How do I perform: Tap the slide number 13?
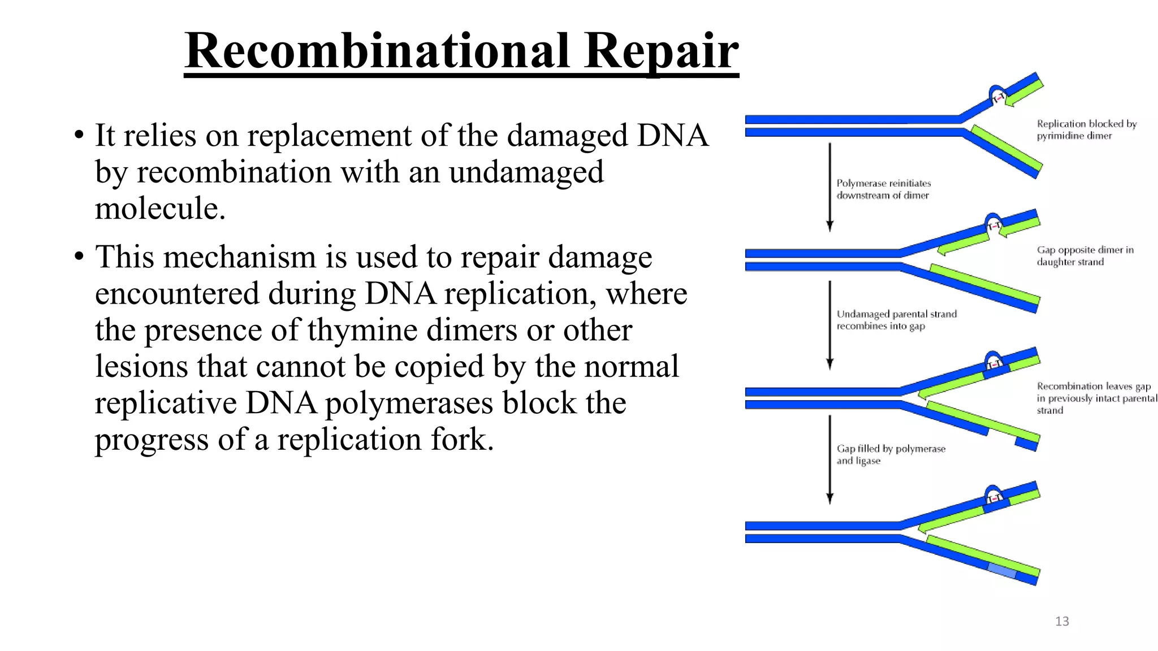click(1062, 622)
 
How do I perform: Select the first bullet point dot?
click(79, 136)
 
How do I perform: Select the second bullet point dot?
click(79, 258)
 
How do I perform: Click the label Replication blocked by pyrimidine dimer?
click(1086, 129)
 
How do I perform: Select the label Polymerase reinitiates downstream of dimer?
click(883, 189)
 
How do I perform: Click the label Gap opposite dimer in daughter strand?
click(1084, 255)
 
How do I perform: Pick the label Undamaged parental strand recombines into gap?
click(896, 320)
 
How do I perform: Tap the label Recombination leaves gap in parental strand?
click(1096, 398)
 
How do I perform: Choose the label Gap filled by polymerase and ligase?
click(891, 454)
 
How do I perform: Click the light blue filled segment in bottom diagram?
click(1002, 570)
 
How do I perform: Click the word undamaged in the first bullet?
click(526, 172)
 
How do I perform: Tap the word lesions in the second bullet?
click(141, 367)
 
